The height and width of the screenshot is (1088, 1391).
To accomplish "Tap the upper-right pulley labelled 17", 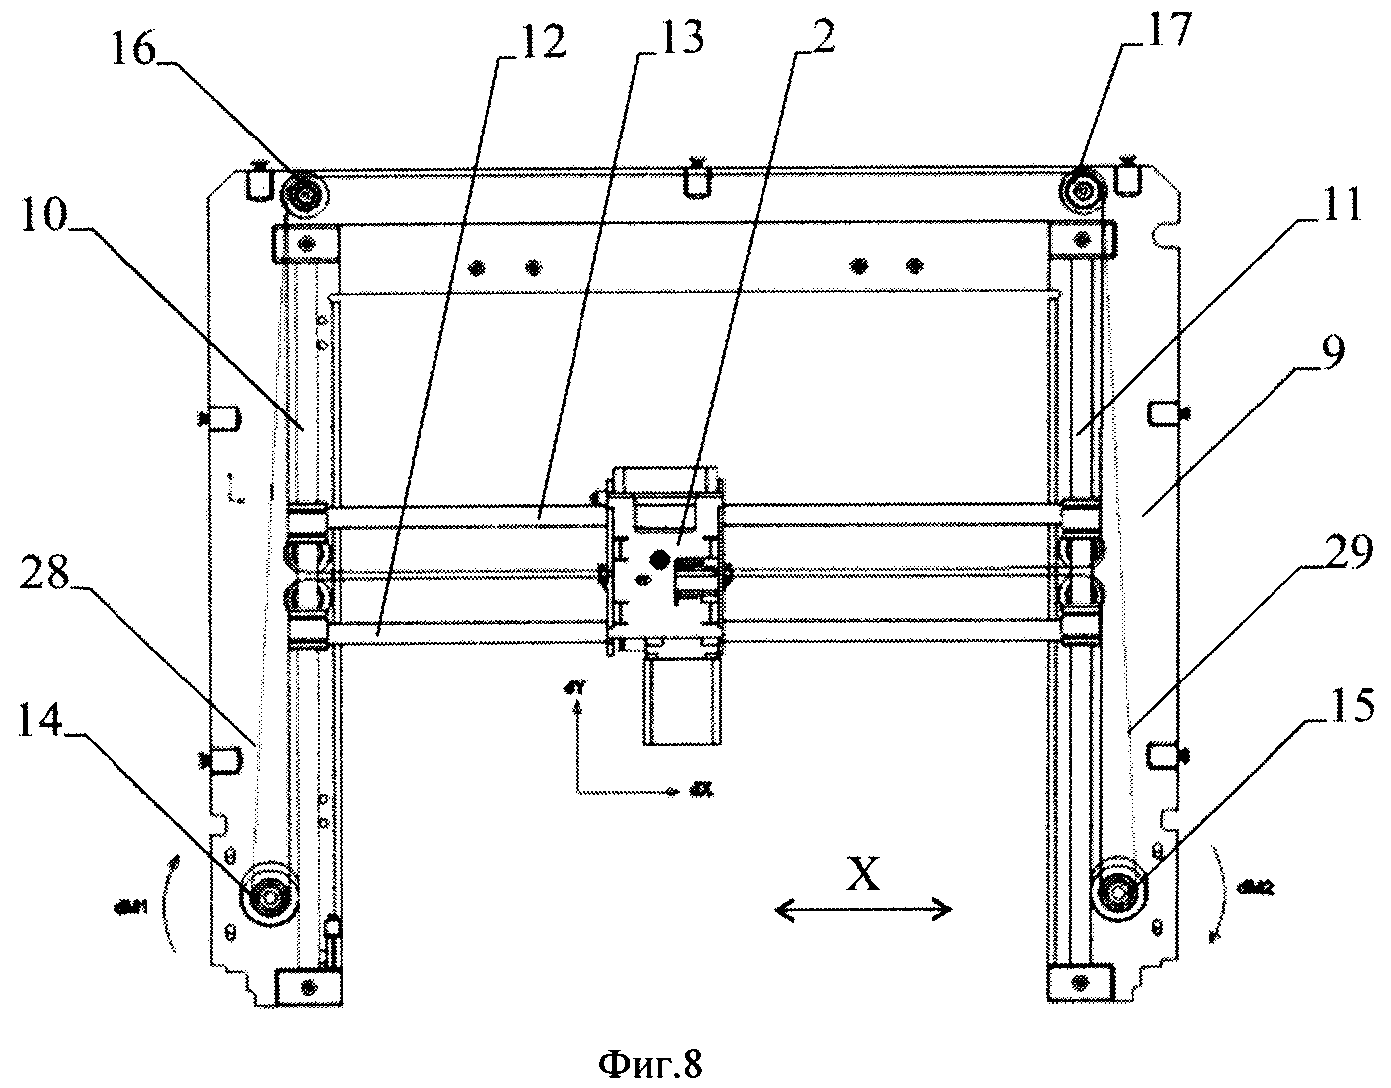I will tap(1082, 189).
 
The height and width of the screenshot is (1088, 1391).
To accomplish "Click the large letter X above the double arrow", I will tap(862, 874).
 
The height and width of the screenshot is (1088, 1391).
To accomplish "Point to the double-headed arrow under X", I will tap(863, 908).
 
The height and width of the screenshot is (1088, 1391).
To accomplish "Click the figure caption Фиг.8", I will tap(651, 1064).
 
